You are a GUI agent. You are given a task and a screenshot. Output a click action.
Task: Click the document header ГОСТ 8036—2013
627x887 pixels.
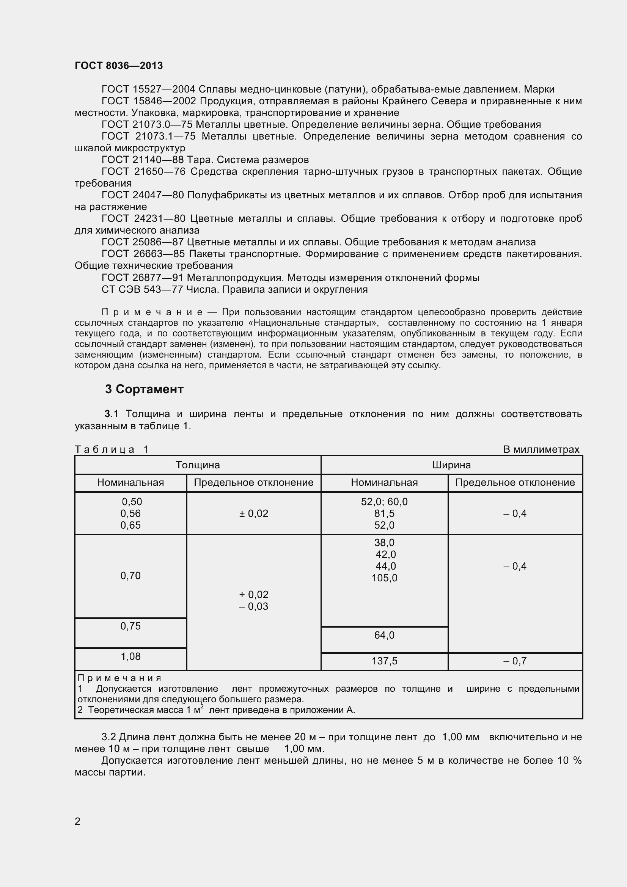[119, 66]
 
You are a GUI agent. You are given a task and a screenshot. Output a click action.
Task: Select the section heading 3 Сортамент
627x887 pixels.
[144, 389]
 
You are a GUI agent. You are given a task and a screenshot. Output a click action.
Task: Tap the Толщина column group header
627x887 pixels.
[197, 465]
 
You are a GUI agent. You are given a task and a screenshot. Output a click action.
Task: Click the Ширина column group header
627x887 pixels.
[451, 465]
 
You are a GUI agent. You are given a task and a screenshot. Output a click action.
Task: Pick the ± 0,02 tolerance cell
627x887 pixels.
[253, 513]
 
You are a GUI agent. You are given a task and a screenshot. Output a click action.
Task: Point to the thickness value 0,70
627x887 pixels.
[130, 576]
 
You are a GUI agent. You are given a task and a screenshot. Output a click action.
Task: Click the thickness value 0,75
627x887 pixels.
[130, 626]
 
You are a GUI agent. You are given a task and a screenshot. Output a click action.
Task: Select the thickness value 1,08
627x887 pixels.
[130, 656]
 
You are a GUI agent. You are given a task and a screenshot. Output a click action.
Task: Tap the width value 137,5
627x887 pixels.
[384, 661]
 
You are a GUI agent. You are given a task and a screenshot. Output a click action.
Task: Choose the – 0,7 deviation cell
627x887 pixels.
[515, 661]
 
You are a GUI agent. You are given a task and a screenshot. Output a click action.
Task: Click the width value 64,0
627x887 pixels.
[384, 635]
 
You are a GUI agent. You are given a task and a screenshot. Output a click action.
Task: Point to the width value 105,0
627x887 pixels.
[384, 578]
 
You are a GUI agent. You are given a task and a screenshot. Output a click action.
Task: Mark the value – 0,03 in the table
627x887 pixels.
[253, 606]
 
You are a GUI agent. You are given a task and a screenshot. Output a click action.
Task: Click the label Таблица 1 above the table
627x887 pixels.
[112, 449]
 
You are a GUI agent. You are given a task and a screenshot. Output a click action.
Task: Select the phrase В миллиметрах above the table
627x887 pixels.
[541, 449]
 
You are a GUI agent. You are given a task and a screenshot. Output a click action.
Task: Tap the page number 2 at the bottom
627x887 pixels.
[78, 821]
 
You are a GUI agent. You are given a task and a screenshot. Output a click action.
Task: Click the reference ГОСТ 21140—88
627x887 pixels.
[143, 160]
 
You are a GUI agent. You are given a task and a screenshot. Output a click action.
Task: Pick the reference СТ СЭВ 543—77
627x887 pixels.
[142, 289]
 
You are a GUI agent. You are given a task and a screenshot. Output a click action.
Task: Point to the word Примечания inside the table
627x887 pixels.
[119, 678]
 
